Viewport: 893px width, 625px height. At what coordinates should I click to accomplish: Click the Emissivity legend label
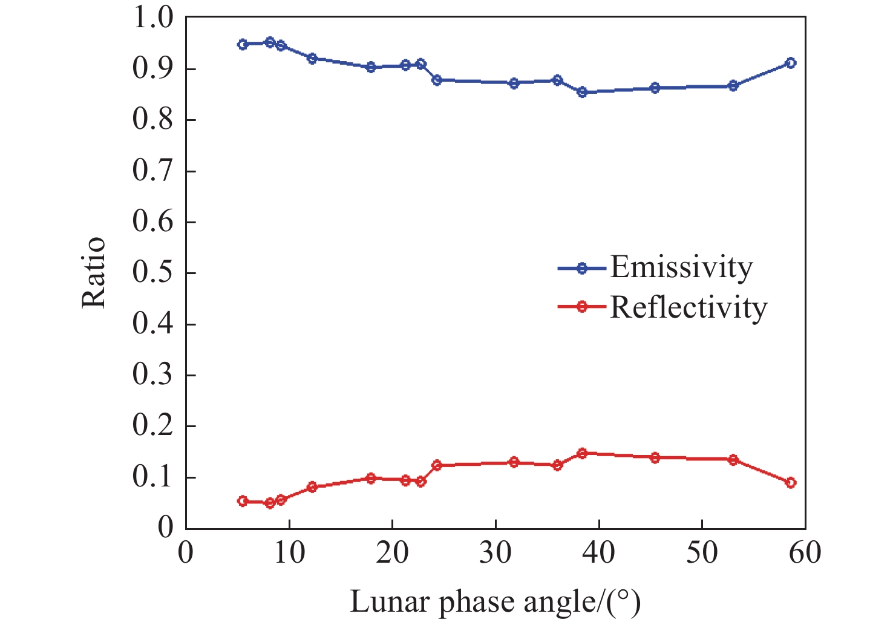click(681, 267)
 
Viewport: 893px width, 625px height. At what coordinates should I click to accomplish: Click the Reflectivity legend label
click(689, 307)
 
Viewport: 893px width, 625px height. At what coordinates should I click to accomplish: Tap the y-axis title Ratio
click(94, 273)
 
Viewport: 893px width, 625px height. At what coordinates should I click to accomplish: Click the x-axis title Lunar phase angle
click(495, 601)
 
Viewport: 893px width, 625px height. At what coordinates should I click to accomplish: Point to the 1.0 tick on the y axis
click(152, 19)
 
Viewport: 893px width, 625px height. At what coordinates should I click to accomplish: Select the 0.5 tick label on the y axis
click(152, 273)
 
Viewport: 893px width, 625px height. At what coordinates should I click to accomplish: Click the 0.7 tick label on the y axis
click(152, 171)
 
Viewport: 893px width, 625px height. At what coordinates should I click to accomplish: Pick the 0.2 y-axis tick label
click(152, 426)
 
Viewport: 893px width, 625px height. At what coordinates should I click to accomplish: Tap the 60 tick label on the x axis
click(805, 552)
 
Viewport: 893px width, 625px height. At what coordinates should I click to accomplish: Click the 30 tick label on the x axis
click(496, 552)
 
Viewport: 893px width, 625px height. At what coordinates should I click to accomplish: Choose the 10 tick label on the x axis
click(289, 552)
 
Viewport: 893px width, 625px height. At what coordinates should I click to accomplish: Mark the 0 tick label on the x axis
click(186, 552)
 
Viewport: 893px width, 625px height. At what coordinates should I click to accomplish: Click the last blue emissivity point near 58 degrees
click(790, 63)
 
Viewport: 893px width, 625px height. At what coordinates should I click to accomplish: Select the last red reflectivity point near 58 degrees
click(790, 483)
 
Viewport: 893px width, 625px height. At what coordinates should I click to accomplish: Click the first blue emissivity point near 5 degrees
click(243, 44)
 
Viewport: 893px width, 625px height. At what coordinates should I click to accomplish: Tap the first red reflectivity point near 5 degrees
click(243, 501)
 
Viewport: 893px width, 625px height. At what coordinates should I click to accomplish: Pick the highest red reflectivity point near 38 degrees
click(582, 453)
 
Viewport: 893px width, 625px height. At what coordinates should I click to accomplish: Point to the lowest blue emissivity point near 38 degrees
click(582, 92)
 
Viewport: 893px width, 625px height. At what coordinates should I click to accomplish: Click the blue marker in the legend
click(581, 268)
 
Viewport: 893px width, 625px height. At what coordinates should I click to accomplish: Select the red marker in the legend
click(581, 307)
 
